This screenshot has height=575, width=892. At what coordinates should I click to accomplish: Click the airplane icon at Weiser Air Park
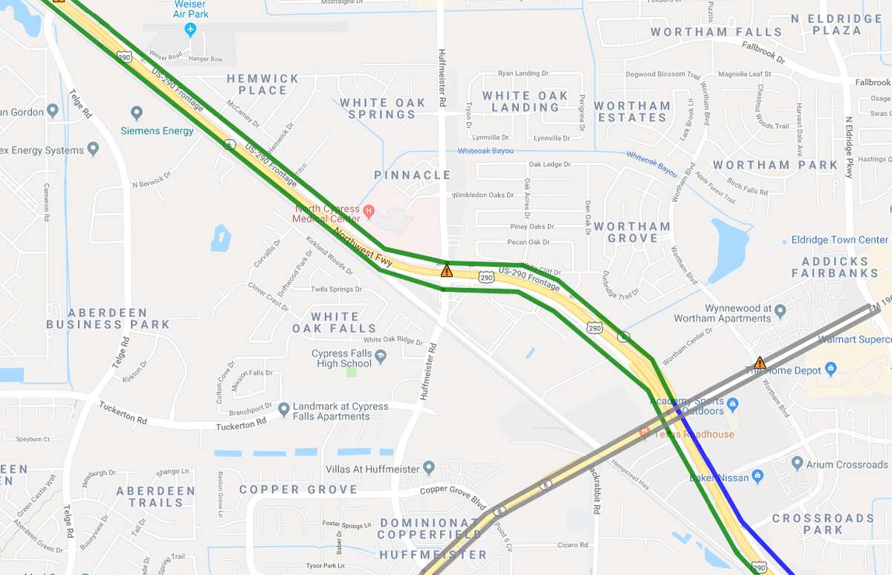pyautogui.click(x=190, y=30)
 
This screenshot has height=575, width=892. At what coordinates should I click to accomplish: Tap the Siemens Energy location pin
pyautogui.click(x=136, y=114)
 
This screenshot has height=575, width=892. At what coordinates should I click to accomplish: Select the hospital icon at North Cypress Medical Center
pyautogui.click(x=367, y=211)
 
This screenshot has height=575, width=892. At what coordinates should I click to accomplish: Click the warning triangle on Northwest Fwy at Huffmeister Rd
pyautogui.click(x=446, y=271)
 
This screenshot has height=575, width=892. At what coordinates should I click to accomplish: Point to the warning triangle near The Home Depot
pyautogui.click(x=760, y=363)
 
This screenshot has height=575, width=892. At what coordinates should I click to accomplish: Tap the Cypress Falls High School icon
pyautogui.click(x=381, y=357)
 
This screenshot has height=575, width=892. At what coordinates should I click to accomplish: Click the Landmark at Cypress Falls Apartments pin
pyautogui.click(x=283, y=409)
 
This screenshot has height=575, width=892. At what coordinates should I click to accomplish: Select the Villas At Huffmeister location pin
pyautogui.click(x=429, y=468)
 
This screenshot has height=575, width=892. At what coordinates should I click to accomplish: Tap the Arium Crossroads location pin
pyautogui.click(x=798, y=464)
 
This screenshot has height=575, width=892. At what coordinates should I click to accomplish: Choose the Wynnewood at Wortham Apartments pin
pyautogui.click(x=780, y=311)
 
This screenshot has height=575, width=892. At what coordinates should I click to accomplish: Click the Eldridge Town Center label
pyautogui.click(x=838, y=240)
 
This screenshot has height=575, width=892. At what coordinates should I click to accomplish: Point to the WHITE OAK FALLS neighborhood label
pyautogui.click(x=334, y=322)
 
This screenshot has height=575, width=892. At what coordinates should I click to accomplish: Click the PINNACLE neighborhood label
pyautogui.click(x=412, y=175)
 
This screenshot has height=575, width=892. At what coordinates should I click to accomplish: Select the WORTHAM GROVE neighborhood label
pyautogui.click(x=632, y=233)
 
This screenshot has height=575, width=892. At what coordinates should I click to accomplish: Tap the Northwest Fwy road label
pyautogui.click(x=363, y=248)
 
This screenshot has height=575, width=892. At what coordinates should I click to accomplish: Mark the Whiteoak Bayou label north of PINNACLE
pyautogui.click(x=485, y=151)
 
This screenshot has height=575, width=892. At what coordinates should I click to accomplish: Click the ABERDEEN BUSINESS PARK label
pyautogui.click(x=108, y=319)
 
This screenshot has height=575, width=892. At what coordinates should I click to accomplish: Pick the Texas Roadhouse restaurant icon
pyautogui.click(x=644, y=434)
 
